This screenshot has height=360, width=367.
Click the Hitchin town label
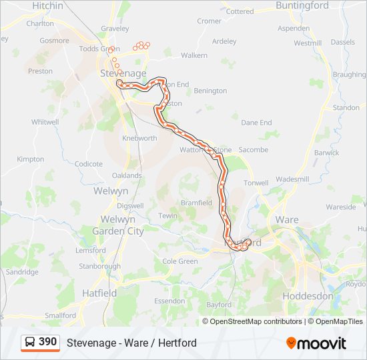tap(47, 5)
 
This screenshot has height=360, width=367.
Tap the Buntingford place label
tap(302, 5)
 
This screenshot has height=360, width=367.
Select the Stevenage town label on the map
tap(123, 73)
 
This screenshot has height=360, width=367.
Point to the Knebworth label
tap(139, 138)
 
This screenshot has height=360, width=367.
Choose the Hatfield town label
tap(99, 293)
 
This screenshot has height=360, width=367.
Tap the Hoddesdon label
tap(308, 295)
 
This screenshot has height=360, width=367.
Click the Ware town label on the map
tap(286, 219)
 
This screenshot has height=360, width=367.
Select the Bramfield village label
tap(196, 203)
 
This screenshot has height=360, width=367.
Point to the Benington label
tap(210, 90)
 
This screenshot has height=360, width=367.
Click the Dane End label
tap(256, 123)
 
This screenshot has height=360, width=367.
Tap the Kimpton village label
tap(31, 159)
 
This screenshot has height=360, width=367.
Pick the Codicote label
tap(89, 164)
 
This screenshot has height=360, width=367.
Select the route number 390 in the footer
tap(47, 341)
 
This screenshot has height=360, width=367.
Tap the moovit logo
tap(316, 343)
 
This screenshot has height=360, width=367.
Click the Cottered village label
tap(240, 11)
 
